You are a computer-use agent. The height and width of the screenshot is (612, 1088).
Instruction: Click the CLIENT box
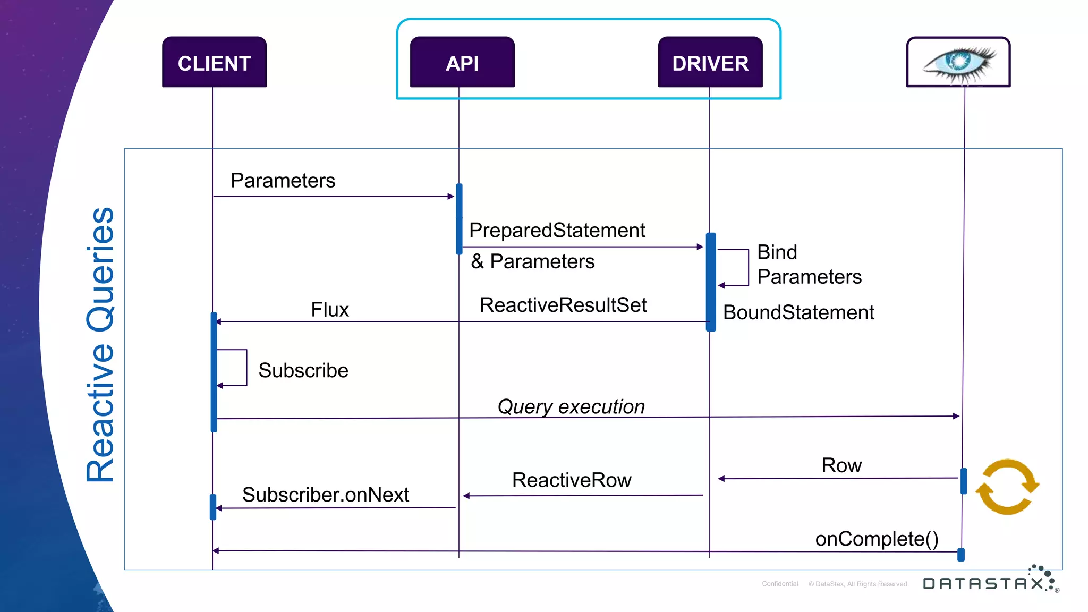(214, 63)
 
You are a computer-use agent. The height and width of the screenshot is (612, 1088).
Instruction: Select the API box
(462, 63)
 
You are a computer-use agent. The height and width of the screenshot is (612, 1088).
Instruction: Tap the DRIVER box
(710, 63)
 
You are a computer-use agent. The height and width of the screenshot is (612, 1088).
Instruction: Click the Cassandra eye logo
(958, 63)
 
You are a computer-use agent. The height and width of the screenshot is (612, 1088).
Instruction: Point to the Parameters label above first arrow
(283, 181)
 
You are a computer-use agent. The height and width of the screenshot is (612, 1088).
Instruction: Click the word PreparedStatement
(557, 231)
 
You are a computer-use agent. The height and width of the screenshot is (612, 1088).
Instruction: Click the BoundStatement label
(798, 312)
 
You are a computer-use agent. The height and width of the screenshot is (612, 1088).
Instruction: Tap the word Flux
(330, 310)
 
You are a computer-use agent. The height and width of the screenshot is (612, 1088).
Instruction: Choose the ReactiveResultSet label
(563, 305)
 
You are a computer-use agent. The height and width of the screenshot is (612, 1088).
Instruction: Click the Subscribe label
(303, 370)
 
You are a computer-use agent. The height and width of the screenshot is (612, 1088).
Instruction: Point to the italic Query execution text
(571, 407)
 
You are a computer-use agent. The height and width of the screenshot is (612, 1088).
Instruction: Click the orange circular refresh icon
(1007, 487)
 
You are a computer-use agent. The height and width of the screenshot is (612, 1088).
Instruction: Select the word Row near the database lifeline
(841, 465)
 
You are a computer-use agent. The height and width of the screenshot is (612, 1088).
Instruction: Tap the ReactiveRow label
(572, 480)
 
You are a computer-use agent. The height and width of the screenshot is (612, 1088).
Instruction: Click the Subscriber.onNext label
(326, 495)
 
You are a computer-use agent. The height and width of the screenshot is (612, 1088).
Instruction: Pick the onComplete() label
(877, 539)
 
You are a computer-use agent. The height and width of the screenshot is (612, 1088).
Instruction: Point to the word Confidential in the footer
(780, 584)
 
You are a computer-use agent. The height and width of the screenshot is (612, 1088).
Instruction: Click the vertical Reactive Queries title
(100, 344)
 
